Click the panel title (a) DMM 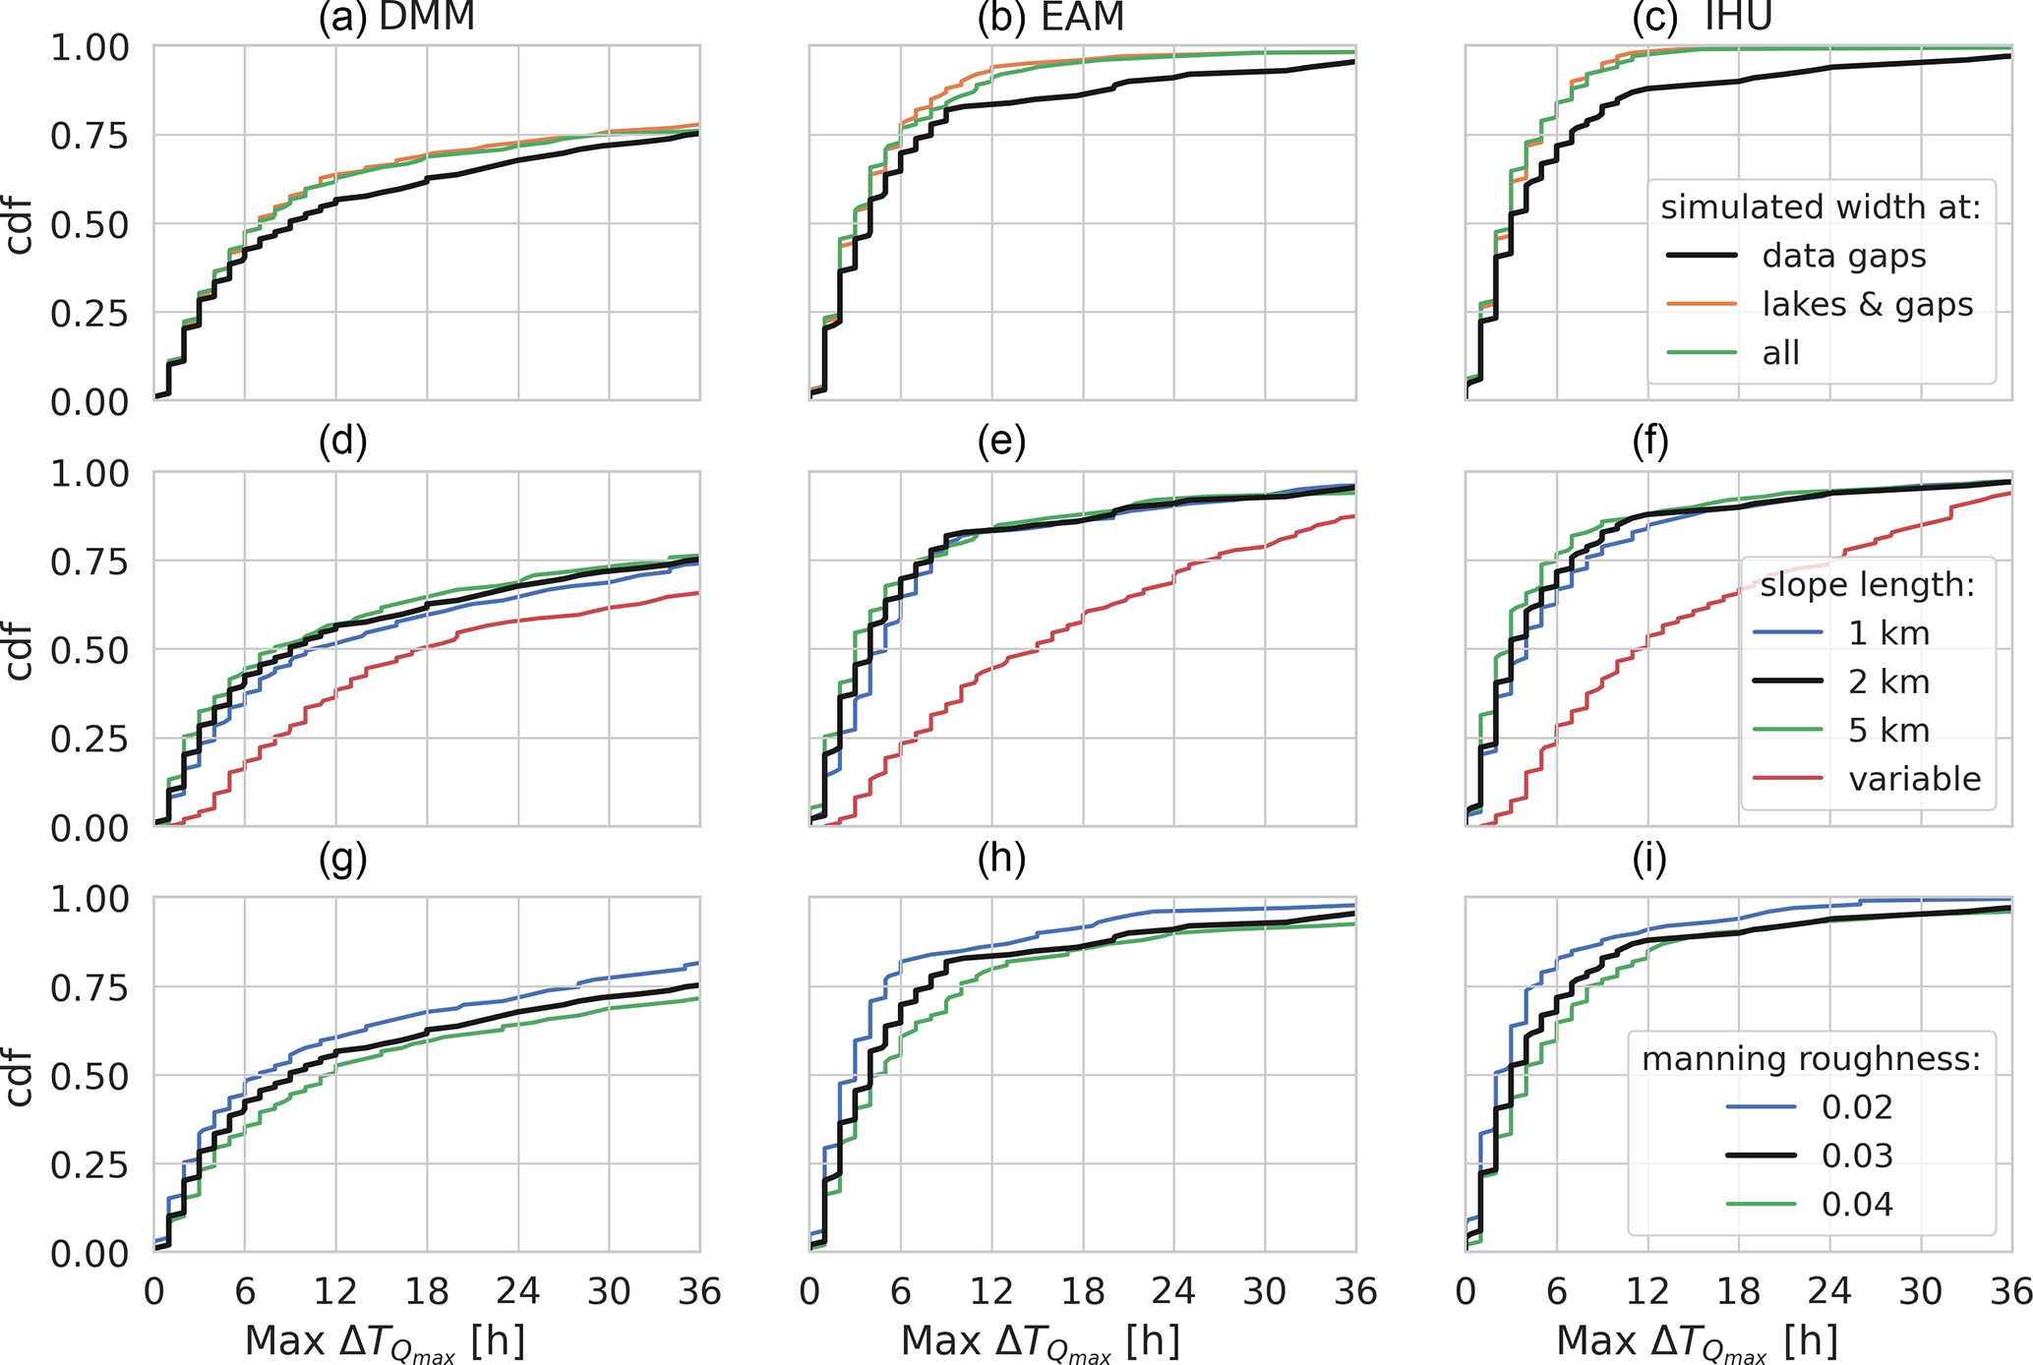(x=396, y=18)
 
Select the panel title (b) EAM (x=1050, y=18)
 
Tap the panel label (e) (x=1001, y=443)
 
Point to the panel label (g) (x=342, y=860)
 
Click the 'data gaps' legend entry (x=1843, y=256)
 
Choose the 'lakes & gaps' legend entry (x=1867, y=305)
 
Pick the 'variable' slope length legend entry (x=1914, y=779)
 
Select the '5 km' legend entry (x=1888, y=731)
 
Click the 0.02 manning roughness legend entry (x=1857, y=1107)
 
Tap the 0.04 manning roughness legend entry (x=1857, y=1204)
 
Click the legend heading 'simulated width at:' (x=1821, y=208)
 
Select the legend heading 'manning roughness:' (x=1811, y=1059)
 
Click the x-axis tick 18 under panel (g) (x=427, y=1291)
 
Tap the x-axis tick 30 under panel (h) (x=1265, y=1291)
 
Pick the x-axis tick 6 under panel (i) (x=1556, y=1291)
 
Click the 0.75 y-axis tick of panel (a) (x=89, y=136)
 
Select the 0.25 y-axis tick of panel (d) (x=89, y=740)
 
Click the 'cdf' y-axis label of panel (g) (x=20, y=1076)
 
